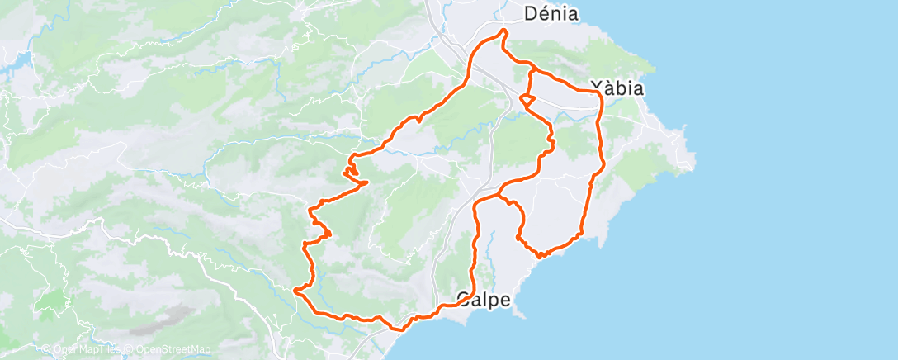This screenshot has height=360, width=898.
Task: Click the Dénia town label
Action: click(x=551, y=13)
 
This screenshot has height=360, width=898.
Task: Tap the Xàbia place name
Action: click(x=617, y=88)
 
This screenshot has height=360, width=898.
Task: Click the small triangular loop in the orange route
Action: click(x=527, y=99)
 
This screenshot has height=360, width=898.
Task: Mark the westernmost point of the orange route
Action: click(x=295, y=290)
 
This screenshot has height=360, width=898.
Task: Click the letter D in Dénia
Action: click(x=532, y=13)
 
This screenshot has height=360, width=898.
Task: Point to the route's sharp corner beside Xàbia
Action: click(x=601, y=92)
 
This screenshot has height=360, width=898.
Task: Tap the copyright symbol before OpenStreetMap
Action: click(x=131, y=349)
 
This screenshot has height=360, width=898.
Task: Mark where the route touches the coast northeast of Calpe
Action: click(x=541, y=254)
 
